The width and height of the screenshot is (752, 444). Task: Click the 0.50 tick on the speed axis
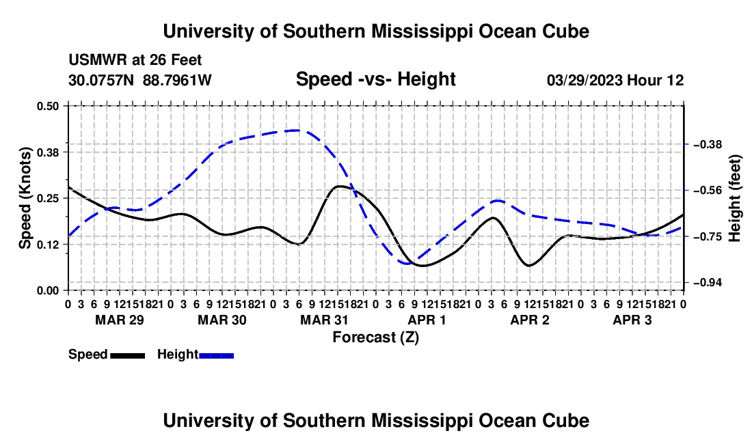tap(47, 106)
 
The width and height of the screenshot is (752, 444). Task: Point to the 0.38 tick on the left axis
tap(47, 152)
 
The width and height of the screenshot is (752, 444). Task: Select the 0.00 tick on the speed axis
tap(47, 290)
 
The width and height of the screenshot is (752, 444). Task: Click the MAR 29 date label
tap(120, 320)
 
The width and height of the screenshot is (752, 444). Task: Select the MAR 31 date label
tap(324, 320)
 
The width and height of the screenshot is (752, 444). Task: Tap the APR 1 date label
tap(427, 320)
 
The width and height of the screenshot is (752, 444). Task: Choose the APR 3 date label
tap(632, 320)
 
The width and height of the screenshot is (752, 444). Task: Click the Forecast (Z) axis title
tap(376, 337)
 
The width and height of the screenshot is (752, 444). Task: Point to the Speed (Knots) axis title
tap(25, 198)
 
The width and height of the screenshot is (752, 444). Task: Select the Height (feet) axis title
tap(735, 198)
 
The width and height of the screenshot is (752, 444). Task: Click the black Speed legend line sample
tap(128, 356)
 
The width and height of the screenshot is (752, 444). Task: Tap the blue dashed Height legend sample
tap(216, 356)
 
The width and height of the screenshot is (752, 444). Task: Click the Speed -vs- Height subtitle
tap(375, 79)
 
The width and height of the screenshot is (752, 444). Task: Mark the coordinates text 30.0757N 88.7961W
tap(139, 80)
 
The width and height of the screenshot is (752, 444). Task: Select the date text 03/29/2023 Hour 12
tap(615, 80)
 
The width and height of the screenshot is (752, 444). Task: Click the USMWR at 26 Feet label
tap(135, 60)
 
